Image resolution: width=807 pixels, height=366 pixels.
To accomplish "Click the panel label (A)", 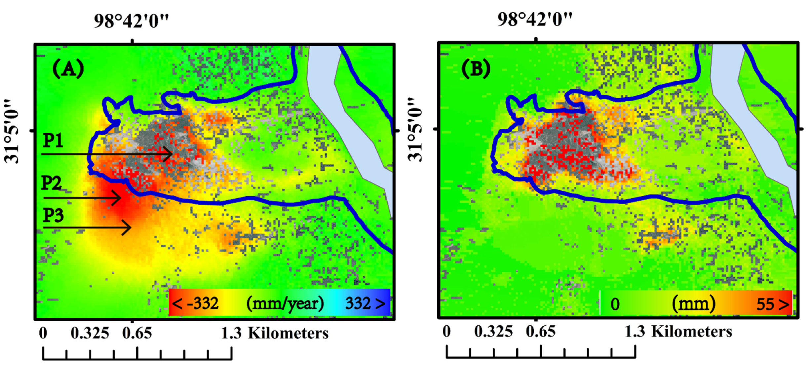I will [x=68, y=69].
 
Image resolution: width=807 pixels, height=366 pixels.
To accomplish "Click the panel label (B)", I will [x=476, y=69].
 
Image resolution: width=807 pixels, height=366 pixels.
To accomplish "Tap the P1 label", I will [x=53, y=140].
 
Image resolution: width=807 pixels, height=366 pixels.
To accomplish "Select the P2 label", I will [x=51, y=183].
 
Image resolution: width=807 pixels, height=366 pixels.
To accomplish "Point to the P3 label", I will [x=53, y=215].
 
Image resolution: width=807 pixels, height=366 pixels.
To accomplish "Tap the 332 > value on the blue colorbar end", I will [x=365, y=303].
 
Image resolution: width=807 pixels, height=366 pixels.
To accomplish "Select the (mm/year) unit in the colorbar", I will [x=285, y=303].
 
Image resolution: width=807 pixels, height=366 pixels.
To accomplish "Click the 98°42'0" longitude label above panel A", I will [x=131, y=21].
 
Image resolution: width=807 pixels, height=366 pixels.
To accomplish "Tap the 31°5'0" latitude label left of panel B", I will [x=415, y=130].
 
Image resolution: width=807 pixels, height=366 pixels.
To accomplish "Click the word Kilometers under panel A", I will [x=288, y=333].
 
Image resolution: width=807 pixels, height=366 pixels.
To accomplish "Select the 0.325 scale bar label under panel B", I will [x=493, y=332].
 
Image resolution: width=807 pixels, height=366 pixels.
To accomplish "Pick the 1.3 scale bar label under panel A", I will [x=231, y=333].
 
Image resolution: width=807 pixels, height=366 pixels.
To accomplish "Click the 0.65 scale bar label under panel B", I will [x=541, y=332].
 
